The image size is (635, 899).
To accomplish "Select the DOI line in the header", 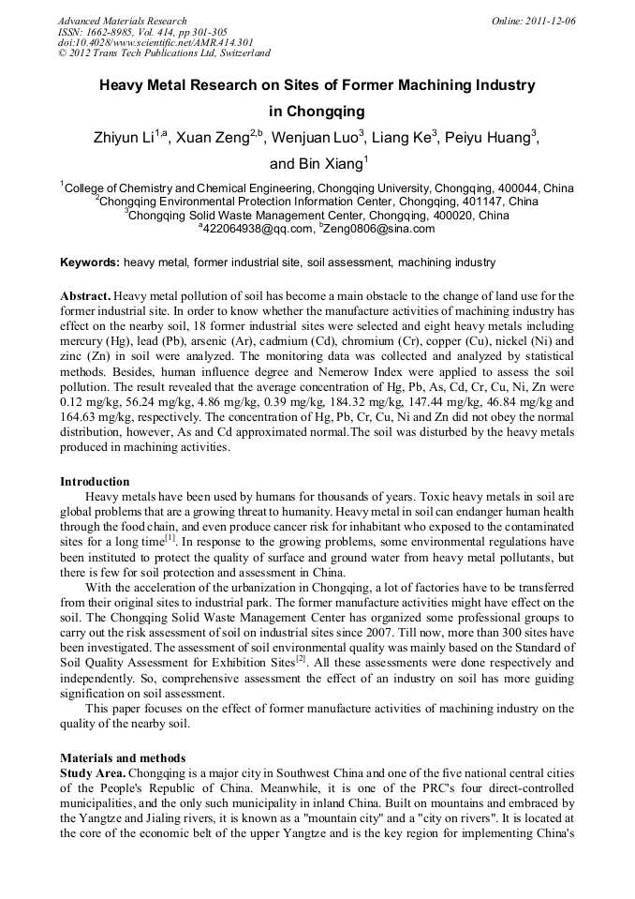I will click(x=155, y=42).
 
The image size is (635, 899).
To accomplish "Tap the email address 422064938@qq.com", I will click(x=255, y=228).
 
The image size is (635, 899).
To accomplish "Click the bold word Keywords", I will click(x=89, y=262).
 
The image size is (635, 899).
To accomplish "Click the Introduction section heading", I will click(x=95, y=482).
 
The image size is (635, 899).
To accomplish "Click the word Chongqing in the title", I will click(x=317, y=112).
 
